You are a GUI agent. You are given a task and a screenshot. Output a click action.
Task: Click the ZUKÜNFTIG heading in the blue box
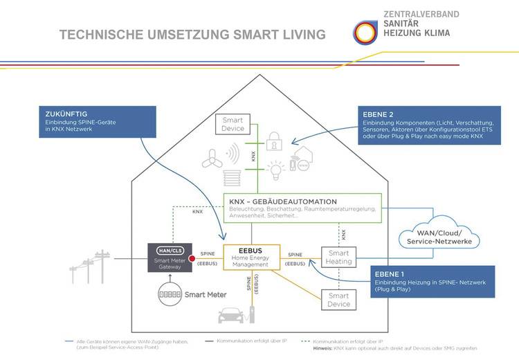coord(64,114)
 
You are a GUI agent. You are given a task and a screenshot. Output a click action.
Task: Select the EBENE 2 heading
coord(379,114)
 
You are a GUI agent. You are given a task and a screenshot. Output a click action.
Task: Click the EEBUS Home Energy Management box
coord(251,257)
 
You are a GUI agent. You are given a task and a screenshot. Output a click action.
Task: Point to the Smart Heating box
coord(339,257)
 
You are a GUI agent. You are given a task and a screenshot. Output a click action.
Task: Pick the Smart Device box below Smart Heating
coord(339,300)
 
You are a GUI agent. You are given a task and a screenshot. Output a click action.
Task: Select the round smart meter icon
coord(165,294)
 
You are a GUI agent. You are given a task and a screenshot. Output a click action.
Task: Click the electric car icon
coord(232,315)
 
